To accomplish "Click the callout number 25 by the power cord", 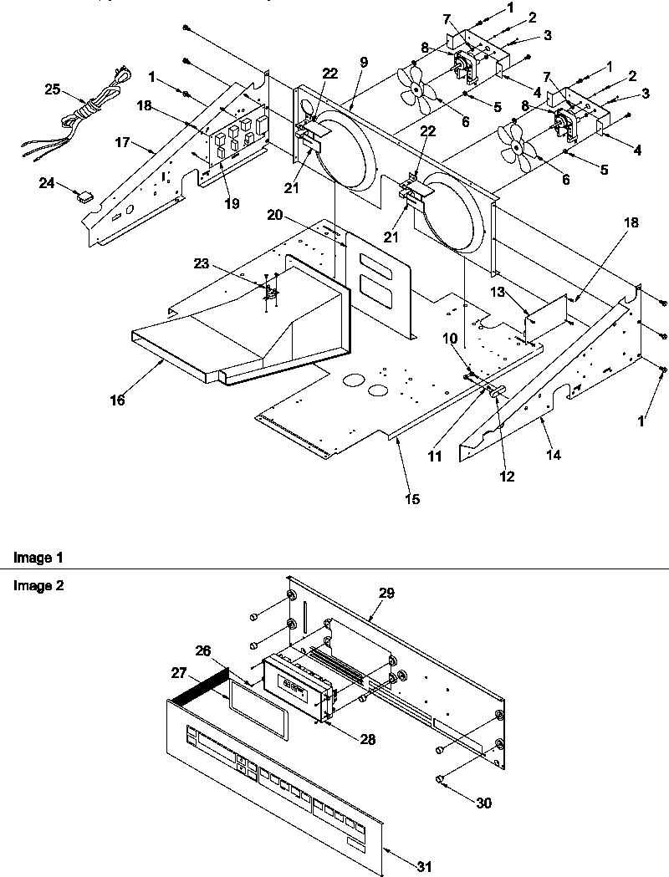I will point(52,88).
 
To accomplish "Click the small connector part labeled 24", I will point(84,197).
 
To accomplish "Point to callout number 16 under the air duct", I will point(117,400).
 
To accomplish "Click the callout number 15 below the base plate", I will point(411,500).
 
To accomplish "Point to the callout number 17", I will point(121,143).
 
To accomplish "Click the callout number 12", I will point(507,477).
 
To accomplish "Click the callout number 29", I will point(386,593).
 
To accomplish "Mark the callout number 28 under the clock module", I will point(367,739).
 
